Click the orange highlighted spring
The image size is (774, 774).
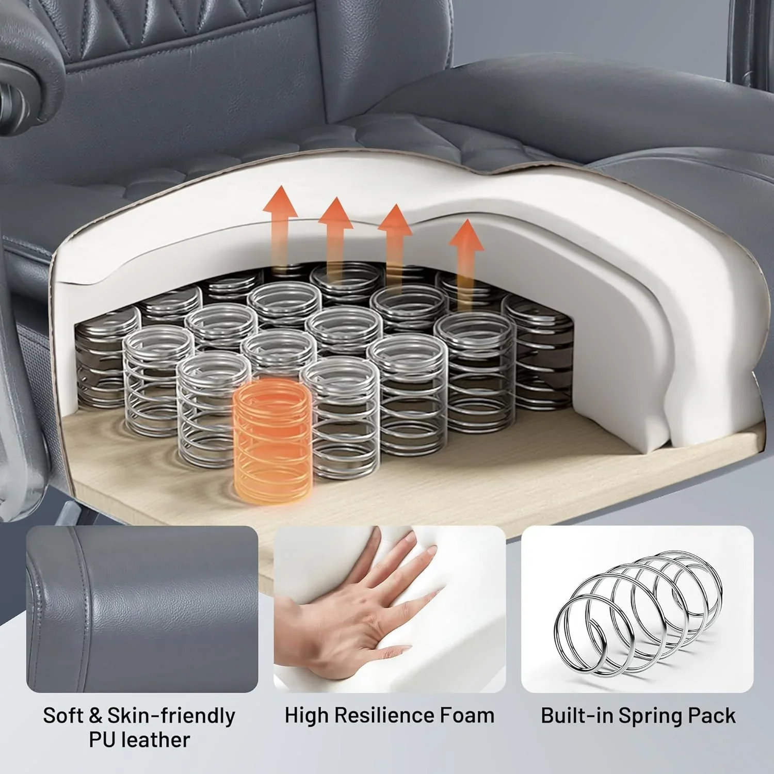[272, 439]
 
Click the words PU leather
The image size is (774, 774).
[139, 739]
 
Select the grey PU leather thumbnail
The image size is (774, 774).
[142, 609]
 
